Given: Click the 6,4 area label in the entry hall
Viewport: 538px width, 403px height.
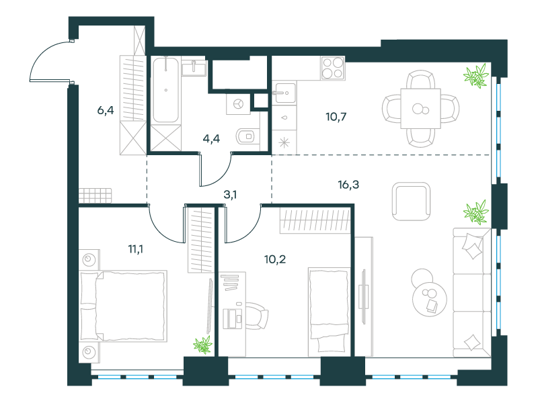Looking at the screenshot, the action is point(106,110).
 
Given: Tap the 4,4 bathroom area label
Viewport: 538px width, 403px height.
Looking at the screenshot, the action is point(211,138).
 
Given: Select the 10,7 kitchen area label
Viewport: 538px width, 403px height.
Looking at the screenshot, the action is point(336,117).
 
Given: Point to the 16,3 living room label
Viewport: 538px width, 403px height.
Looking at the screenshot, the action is point(348,185).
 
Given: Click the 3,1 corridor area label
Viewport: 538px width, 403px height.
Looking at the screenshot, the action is point(230,195).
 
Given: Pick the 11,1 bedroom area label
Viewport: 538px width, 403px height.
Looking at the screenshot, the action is point(136,249).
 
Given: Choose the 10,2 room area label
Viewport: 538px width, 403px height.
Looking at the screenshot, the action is point(275,259).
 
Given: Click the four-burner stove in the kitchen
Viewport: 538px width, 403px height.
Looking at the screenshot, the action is point(333,69).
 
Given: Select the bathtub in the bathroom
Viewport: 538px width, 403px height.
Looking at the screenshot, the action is point(165,90).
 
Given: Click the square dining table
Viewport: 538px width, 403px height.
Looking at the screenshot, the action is point(420,109).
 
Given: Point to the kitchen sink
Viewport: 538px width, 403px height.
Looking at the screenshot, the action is point(284,93).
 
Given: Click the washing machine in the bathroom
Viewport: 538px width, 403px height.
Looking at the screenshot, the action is point(238,103).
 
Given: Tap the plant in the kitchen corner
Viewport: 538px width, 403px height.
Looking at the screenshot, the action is point(476,76).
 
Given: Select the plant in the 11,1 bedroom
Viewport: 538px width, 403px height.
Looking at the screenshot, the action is point(202,345).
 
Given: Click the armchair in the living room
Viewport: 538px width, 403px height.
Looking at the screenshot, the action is point(411,201).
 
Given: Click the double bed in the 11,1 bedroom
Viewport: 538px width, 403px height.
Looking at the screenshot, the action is point(123,306).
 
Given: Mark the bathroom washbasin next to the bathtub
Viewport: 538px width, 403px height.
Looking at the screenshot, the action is point(194,69).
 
